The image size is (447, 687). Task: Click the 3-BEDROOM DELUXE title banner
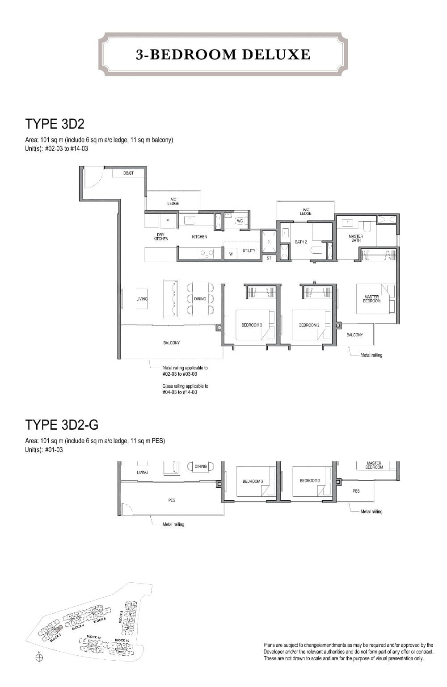(x=223, y=54)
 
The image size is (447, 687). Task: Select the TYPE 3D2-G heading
(x=62, y=424)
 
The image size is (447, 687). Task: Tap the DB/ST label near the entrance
(x=128, y=173)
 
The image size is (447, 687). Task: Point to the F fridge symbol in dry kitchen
(x=168, y=220)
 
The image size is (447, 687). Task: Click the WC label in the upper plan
(x=240, y=221)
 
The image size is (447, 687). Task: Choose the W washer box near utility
(x=231, y=254)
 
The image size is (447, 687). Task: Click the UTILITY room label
(x=249, y=251)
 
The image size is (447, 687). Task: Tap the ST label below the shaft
(x=269, y=258)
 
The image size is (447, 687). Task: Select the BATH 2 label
(x=301, y=242)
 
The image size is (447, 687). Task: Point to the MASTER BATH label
(x=356, y=239)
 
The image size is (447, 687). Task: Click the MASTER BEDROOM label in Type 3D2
(x=371, y=299)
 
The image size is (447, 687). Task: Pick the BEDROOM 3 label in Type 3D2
(x=252, y=325)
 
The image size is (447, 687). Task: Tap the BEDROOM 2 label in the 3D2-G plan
(x=310, y=481)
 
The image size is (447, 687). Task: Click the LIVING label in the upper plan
(x=142, y=299)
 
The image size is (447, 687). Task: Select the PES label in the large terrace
(x=172, y=500)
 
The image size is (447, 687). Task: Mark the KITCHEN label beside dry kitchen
(x=199, y=237)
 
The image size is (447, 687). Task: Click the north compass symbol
(x=39, y=658)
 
